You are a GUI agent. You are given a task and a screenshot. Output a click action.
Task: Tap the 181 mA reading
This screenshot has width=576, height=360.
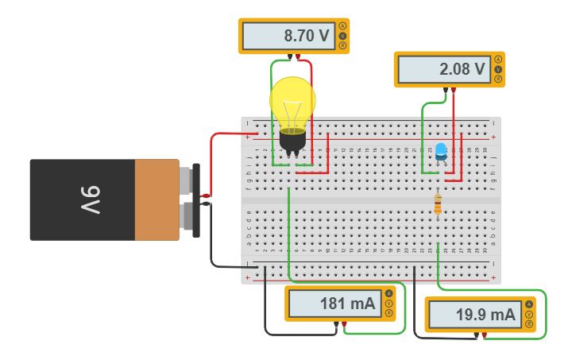[335, 303]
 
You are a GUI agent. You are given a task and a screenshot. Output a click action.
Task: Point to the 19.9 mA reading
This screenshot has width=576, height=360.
[475, 315]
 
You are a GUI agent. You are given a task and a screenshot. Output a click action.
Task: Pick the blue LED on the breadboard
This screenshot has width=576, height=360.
[440, 151]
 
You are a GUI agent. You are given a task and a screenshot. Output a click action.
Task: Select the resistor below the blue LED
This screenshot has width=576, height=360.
[437, 204]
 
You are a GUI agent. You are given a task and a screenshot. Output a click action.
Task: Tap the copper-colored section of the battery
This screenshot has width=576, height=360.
[157, 199]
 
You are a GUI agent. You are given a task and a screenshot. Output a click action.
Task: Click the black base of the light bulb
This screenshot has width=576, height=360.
[292, 141]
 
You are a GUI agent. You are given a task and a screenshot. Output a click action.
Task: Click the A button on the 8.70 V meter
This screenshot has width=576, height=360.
[342, 26]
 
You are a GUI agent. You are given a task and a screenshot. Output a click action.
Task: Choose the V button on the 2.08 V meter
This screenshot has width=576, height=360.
[498, 69]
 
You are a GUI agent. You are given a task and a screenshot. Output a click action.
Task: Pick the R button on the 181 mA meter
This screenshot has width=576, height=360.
[389, 313]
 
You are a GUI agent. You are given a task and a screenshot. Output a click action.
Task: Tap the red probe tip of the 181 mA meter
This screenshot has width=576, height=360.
[343, 324]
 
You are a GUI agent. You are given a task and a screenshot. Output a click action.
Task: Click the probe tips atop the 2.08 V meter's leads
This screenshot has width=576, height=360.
[449, 90]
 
